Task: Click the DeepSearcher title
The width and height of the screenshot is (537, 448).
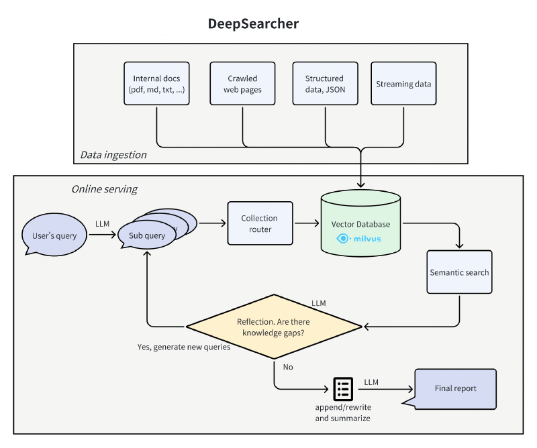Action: [x=253, y=23]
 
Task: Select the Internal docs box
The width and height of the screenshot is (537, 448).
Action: [x=156, y=84]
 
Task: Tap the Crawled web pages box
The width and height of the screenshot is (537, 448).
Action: [x=242, y=84]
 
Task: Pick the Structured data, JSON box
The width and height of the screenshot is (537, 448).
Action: [x=324, y=84]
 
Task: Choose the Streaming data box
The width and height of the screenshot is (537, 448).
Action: [x=403, y=84]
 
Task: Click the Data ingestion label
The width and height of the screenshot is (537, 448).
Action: [x=113, y=155]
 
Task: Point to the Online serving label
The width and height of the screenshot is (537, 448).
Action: [x=104, y=189]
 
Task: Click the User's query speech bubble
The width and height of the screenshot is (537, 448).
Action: [x=54, y=235]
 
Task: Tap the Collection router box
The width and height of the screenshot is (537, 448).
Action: [x=260, y=223]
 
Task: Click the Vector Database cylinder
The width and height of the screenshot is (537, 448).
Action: [x=360, y=225]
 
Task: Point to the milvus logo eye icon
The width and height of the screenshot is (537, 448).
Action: [x=342, y=238]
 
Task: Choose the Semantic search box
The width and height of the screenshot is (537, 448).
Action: [x=459, y=272]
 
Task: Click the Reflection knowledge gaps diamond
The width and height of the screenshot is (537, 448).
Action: [x=274, y=327]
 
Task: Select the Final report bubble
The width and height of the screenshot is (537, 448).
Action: [x=455, y=388]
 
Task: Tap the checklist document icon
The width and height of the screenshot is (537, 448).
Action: [x=343, y=388]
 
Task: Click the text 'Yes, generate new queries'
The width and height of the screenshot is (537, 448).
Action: [x=184, y=347]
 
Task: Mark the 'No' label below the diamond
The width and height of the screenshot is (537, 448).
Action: [x=288, y=367]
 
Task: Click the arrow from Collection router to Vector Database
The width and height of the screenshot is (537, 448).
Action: [x=307, y=224]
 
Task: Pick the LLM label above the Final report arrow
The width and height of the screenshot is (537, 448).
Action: [x=371, y=382]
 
